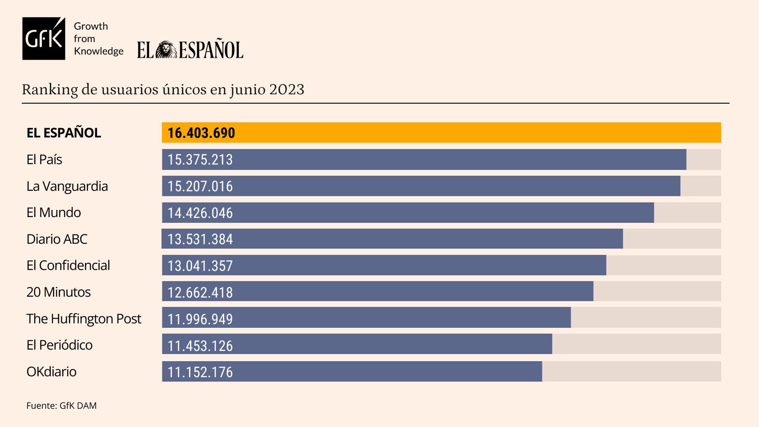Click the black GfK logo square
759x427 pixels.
point(44,39)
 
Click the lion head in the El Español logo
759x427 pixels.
point(167,50)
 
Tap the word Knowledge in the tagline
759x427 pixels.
point(99,51)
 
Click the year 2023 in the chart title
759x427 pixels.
point(287,89)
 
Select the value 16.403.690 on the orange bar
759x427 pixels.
point(201,133)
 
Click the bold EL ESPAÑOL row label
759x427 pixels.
point(64,133)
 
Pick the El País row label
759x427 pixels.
point(44,159)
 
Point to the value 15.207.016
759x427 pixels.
point(200,186)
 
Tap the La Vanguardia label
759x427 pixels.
point(67,186)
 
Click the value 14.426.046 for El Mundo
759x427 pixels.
point(200,213)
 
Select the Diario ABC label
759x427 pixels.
point(57,239)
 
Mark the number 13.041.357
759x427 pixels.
point(200,266)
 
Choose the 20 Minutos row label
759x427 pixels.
point(58,292)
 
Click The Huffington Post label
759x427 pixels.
point(84,318)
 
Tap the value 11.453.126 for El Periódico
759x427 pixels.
point(200,345)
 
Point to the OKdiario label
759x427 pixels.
point(51,371)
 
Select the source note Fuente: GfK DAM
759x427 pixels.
point(61,406)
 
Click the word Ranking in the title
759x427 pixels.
point(50,89)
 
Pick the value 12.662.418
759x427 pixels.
point(200,292)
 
